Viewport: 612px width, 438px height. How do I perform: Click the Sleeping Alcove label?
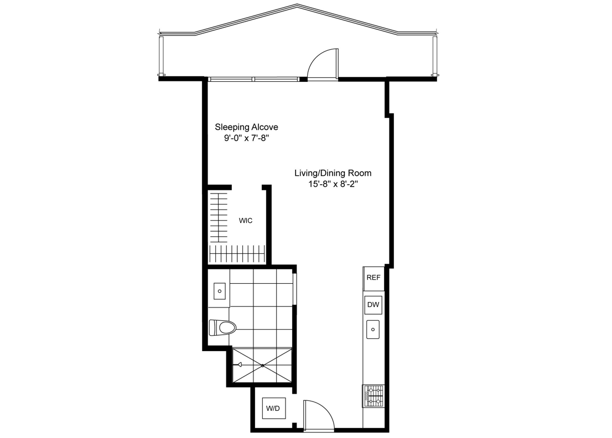246,127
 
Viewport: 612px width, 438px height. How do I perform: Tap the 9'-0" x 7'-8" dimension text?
246,139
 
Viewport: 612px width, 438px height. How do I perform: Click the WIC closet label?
246,221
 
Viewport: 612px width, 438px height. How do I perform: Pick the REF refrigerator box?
374,278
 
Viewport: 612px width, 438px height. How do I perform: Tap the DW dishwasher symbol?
373,305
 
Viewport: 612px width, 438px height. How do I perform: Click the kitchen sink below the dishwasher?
373,330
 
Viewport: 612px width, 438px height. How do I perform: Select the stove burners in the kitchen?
373,395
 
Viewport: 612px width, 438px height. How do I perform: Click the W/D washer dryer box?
273,409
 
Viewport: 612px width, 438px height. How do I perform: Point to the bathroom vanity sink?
220,291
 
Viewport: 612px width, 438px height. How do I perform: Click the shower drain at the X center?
262,365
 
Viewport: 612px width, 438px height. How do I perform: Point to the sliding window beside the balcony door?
253,79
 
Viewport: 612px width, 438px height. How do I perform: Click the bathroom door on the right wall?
294,289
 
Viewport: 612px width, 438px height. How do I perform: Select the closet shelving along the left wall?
219,217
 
